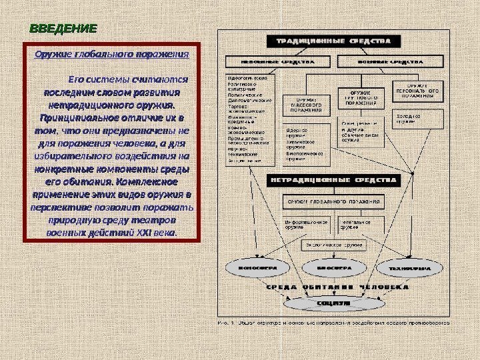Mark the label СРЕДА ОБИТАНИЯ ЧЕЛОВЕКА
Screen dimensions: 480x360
pyautogui.click(x=337, y=288)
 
